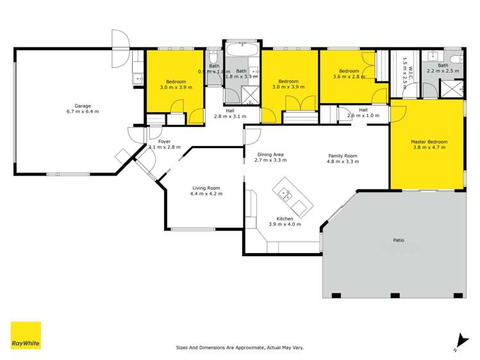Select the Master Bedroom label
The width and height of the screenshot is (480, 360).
(x=429, y=142)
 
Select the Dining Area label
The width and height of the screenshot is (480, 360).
(x=270, y=154)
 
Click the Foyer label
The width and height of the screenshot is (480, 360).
(x=165, y=140)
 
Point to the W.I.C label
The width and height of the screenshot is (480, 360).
(x=404, y=63)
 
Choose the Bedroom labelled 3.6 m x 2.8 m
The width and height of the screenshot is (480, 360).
(x=349, y=71)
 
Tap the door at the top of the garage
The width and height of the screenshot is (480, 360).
(x=120, y=48)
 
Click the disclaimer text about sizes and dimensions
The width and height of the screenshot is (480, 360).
(x=240, y=348)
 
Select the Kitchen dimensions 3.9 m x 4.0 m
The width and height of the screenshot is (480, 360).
(x=281, y=225)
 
